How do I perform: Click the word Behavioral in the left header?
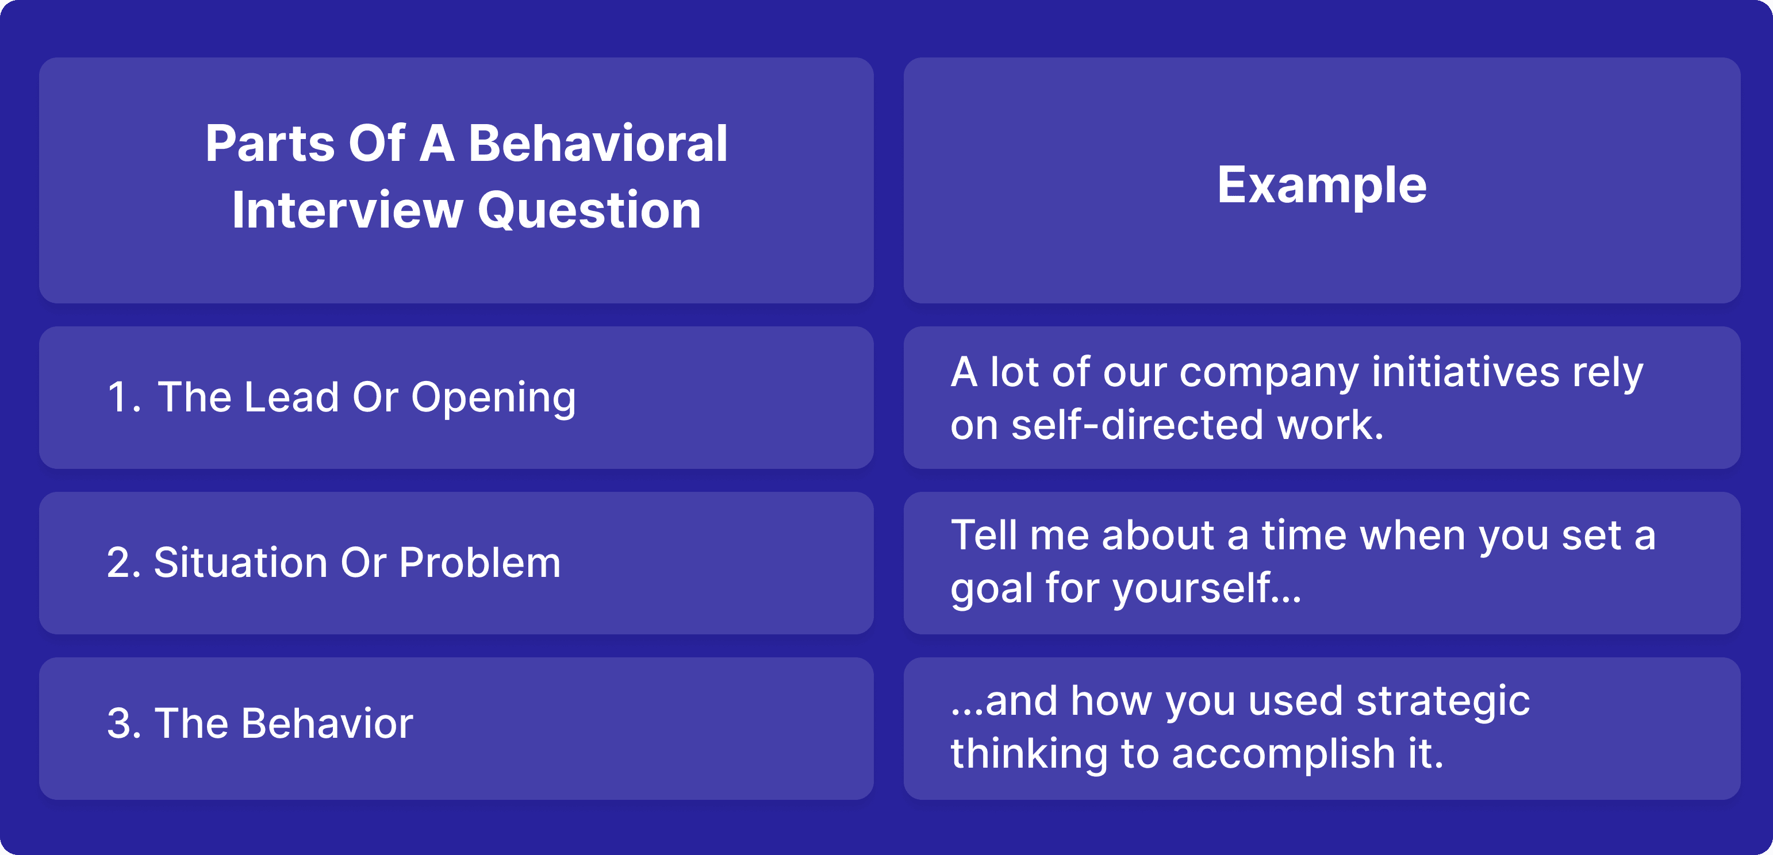(597, 143)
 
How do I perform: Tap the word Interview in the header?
(348, 210)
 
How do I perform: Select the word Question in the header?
(589, 210)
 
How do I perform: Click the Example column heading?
(1322, 186)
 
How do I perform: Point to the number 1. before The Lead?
(124, 397)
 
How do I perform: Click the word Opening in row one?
(493, 398)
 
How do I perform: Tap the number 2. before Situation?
(124, 563)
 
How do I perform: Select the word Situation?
(240, 562)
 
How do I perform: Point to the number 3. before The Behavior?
(124, 723)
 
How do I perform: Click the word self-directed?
(1137, 425)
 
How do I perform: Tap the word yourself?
(1191, 589)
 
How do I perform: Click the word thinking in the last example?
(1029, 754)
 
